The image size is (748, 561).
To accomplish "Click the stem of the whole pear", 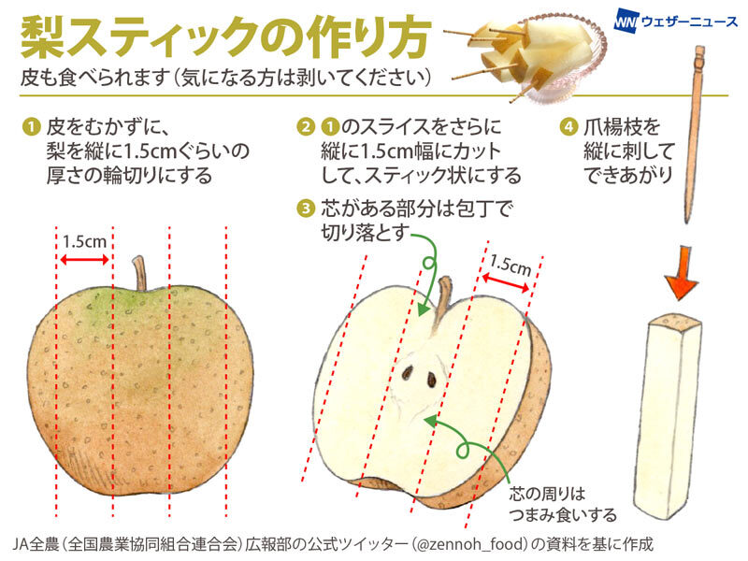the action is pos(141,272).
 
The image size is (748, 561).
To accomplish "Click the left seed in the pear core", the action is pos(409,373).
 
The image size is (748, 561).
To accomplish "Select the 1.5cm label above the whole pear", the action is pos(84,240).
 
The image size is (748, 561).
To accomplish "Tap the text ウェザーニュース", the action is pos(688,21).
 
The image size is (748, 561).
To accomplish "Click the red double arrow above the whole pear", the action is pos(84,258).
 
